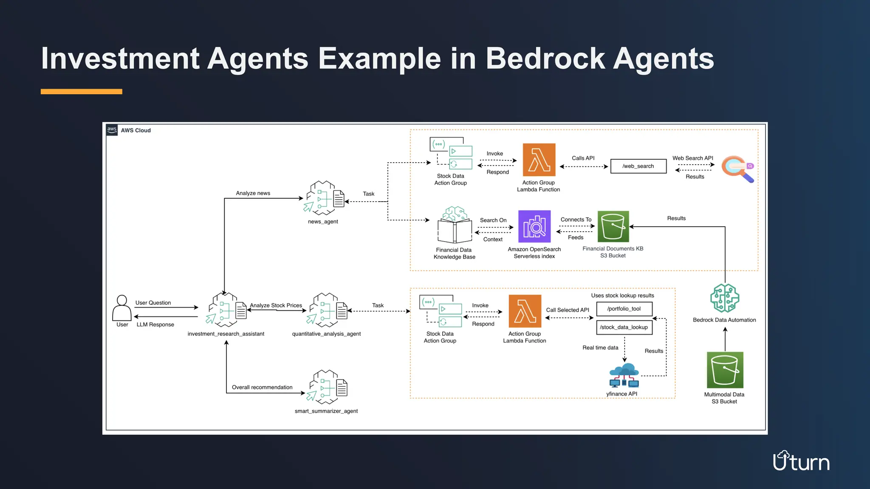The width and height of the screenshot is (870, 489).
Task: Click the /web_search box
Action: (x=638, y=166)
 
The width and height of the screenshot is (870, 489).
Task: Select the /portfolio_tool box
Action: (x=624, y=309)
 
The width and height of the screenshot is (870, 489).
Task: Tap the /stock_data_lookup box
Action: (x=624, y=327)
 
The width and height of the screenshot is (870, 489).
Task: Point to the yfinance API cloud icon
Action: (x=624, y=375)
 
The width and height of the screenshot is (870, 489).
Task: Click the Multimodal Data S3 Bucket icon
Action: (x=725, y=370)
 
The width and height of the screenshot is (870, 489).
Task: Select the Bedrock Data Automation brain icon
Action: (x=725, y=298)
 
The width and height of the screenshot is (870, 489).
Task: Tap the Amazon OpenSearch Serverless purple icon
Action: (x=534, y=226)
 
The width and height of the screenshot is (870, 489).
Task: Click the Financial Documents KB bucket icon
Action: (x=613, y=226)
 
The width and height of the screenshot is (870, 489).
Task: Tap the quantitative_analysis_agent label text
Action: (x=326, y=334)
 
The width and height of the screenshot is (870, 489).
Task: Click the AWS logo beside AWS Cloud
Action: (x=112, y=130)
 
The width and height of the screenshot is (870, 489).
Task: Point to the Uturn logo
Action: (x=801, y=461)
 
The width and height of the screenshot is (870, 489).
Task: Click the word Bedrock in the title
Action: (x=545, y=59)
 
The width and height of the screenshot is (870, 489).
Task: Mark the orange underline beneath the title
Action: (x=82, y=91)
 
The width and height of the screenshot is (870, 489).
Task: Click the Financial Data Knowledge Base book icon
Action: (x=455, y=225)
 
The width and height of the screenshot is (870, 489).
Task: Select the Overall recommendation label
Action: (x=262, y=387)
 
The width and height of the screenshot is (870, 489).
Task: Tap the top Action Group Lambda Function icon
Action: (x=539, y=160)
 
